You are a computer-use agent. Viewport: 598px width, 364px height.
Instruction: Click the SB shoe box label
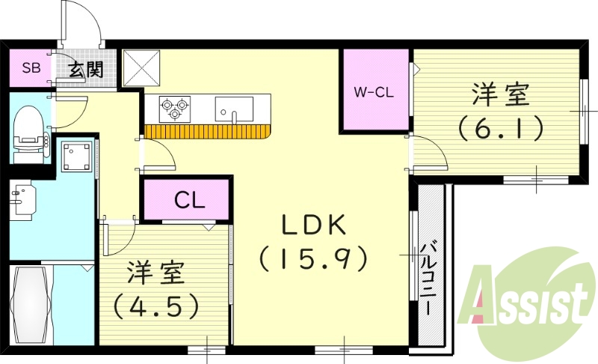[31, 69]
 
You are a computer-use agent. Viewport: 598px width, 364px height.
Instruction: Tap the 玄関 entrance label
[87, 71]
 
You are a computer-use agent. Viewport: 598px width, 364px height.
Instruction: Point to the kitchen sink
[233, 109]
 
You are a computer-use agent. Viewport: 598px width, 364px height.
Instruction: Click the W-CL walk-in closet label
[374, 93]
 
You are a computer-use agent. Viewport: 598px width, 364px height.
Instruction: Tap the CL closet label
[186, 201]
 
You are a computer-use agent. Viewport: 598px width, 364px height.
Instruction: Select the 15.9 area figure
[313, 259]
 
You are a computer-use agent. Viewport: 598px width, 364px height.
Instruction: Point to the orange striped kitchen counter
[208, 131]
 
